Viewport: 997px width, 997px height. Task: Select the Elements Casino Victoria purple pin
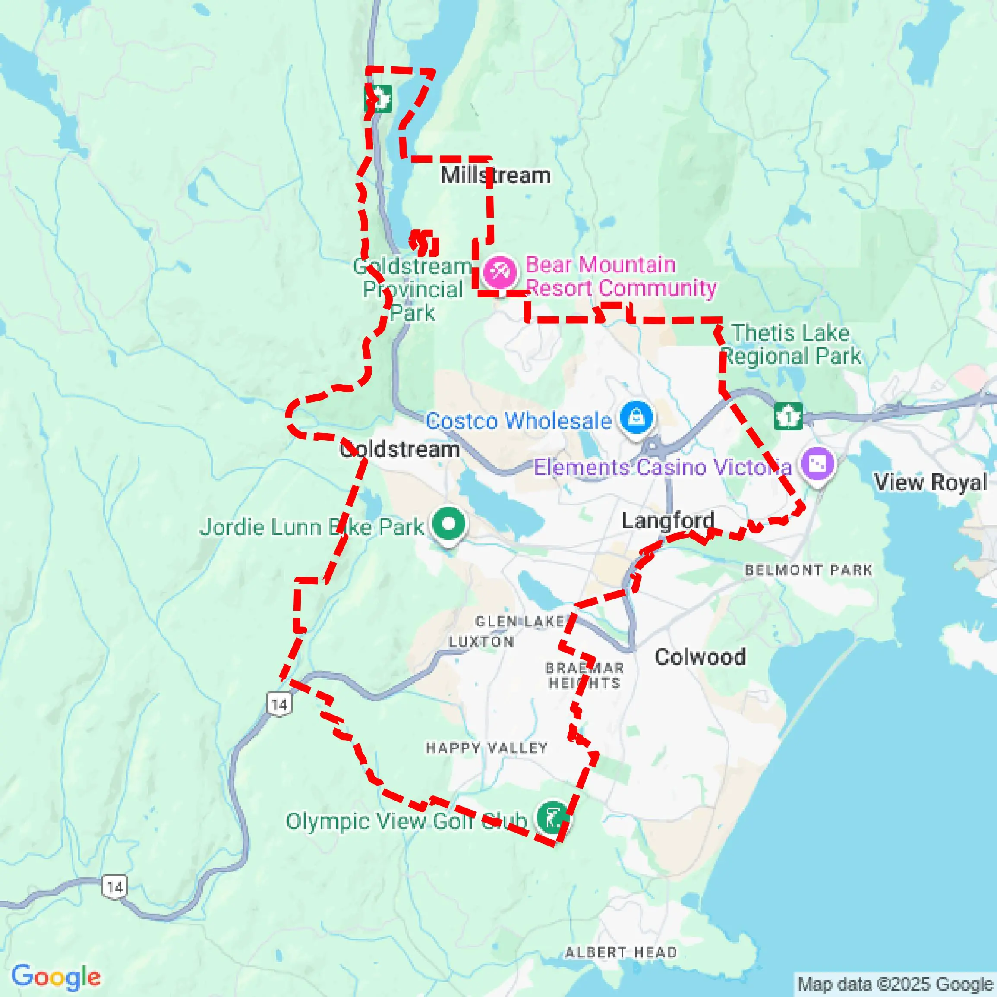(817, 464)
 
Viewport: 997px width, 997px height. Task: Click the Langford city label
(668, 520)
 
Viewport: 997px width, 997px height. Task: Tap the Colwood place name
(700, 657)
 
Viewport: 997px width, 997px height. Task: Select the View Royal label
(930, 483)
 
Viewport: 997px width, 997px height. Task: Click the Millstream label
(495, 176)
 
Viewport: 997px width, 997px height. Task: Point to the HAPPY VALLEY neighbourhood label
(486, 748)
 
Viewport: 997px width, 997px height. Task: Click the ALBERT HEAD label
(621, 952)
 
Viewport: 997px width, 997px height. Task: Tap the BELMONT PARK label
(808, 570)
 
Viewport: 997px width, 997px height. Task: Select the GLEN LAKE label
(520, 622)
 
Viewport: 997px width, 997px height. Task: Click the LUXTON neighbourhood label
(481, 641)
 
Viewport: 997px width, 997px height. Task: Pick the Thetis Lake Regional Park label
(791, 344)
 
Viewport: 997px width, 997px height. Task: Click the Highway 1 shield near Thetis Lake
(789, 416)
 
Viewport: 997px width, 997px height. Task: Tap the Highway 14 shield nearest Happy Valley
(279, 704)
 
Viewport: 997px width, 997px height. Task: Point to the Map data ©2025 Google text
(895, 984)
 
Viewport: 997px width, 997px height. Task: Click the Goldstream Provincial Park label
(412, 290)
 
